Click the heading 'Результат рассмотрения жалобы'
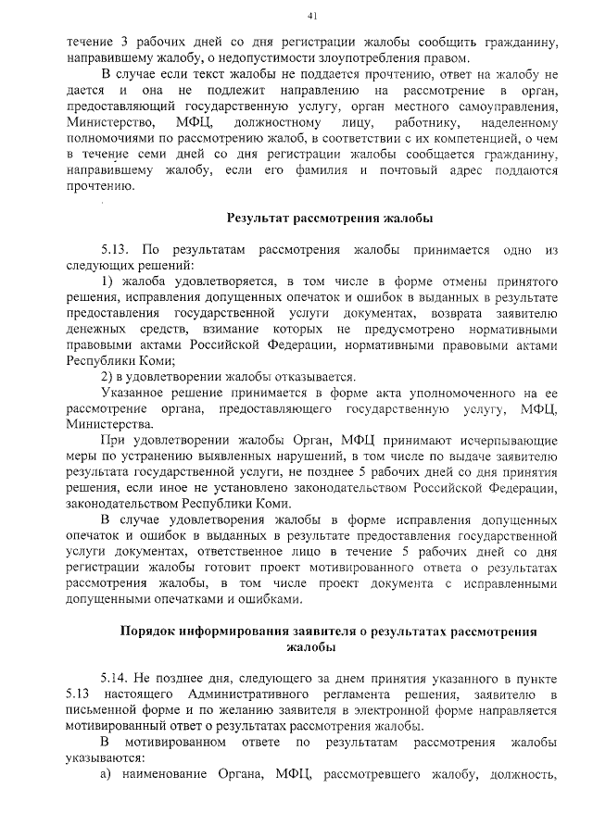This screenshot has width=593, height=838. (330, 219)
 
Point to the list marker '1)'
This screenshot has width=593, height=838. (107, 279)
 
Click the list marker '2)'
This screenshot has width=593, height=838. (107, 376)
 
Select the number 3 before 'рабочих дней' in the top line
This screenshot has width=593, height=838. (125, 43)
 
